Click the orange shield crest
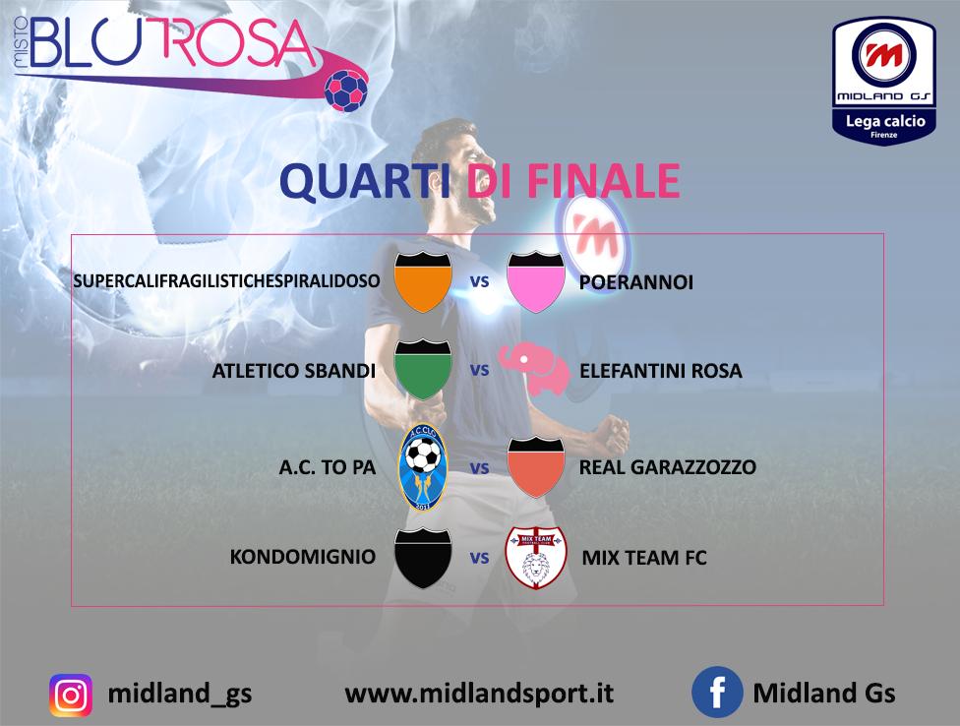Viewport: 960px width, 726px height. (x=423, y=281)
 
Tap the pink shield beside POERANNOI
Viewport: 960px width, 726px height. (x=536, y=281)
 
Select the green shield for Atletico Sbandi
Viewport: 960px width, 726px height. (x=423, y=370)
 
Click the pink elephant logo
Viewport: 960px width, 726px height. (x=534, y=369)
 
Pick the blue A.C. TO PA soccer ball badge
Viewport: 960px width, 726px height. (x=423, y=467)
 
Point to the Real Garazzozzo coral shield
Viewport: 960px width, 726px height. (x=536, y=466)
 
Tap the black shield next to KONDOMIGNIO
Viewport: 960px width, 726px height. (x=423, y=558)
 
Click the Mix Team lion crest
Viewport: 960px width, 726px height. (x=536, y=558)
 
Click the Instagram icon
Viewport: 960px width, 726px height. (x=71, y=696)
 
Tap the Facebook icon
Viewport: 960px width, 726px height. (x=717, y=692)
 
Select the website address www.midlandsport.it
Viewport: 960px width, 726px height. (x=479, y=694)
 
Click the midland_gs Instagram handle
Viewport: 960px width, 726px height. (x=179, y=694)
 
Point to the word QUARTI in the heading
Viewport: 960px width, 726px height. (x=366, y=181)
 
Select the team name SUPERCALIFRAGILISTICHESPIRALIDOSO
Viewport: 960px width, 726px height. (x=226, y=281)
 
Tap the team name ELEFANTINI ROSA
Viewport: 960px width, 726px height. (x=661, y=370)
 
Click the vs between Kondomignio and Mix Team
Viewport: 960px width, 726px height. (x=479, y=559)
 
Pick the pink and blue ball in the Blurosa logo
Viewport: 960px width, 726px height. (x=346, y=90)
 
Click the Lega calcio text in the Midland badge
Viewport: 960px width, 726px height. (x=885, y=121)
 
